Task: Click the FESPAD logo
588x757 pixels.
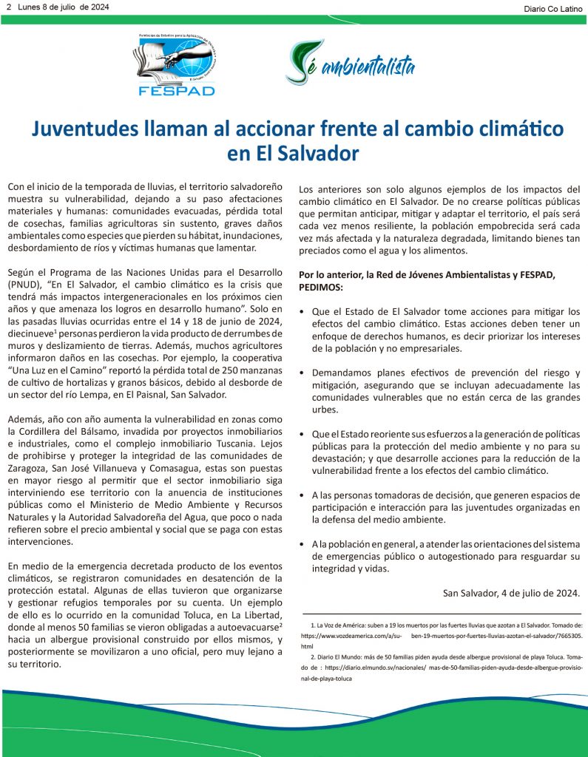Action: pyautogui.click(x=175, y=65)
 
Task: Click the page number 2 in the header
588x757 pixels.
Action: pyautogui.click(x=9, y=7)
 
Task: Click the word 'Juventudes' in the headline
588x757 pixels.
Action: pyautogui.click(x=85, y=129)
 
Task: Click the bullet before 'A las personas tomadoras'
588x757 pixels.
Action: pyautogui.click(x=302, y=495)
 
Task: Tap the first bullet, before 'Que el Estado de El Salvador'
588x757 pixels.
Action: pyautogui.click(x=302, y=312)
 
